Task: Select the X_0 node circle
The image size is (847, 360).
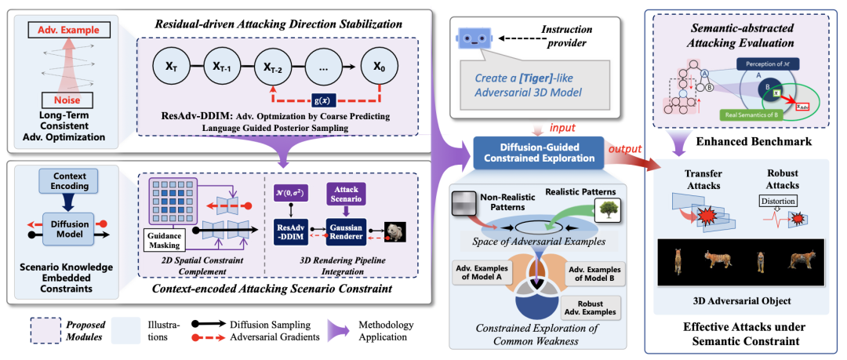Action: point(380,67)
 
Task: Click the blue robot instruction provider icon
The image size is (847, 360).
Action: point(475,37)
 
